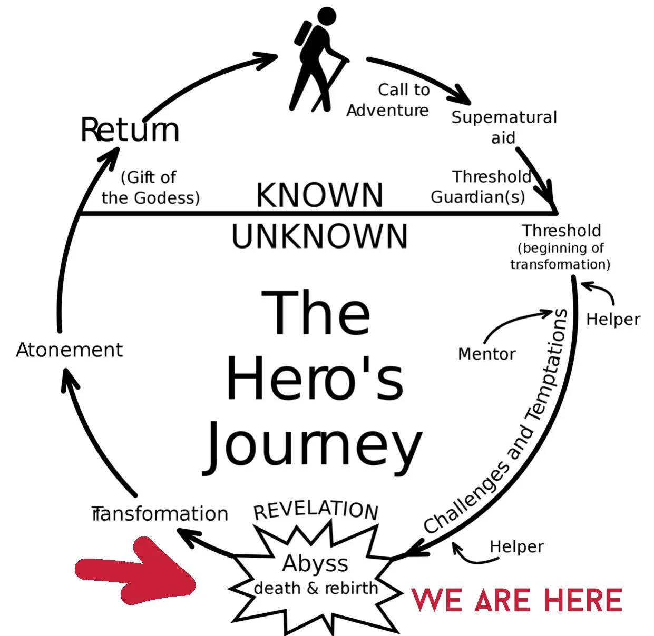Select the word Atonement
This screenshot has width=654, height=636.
[x=69, y=350]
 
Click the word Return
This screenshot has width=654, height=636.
[x=130, y=130]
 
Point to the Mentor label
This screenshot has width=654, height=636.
[x=486, y=354]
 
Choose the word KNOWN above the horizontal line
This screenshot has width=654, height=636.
[x=319, y=195]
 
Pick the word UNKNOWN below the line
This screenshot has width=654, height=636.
[x=319, y=237]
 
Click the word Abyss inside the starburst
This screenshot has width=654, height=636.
[x=315, y=564]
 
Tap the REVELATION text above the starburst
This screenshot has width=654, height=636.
[x=316, y=510]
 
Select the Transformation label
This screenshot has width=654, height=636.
[x=160, y=514]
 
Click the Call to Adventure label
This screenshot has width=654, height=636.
[x=389, y=100]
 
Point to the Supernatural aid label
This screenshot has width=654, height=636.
[x=504, y=127]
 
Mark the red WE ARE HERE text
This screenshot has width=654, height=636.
[x=516, y=601]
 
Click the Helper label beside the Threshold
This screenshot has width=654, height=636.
[x=613, y=320]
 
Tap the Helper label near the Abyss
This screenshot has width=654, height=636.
[x=516, y=547]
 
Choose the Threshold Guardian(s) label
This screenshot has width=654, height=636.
[x=480, y=187]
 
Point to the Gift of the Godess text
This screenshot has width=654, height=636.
[x=150, y=187]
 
